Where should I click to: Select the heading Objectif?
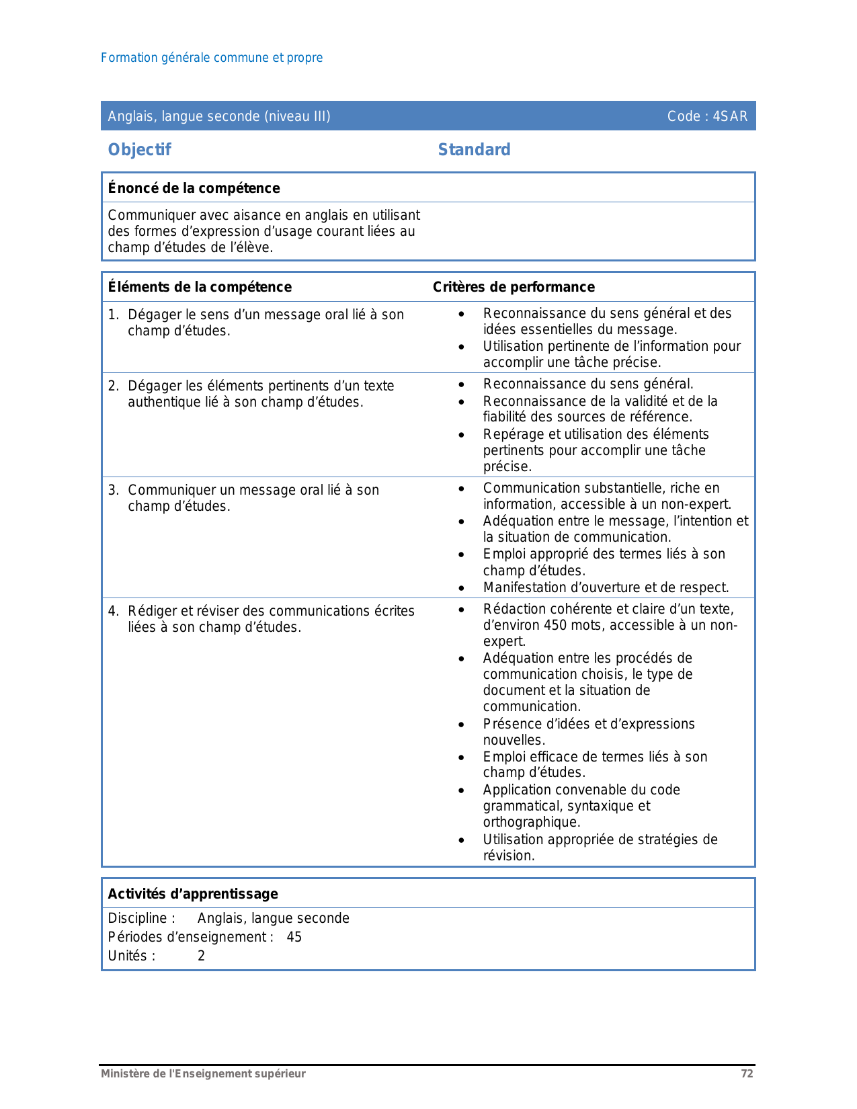(x=139, y=149)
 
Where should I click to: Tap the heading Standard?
(x=474, y=149)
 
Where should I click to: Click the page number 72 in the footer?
(x=747, y=1073)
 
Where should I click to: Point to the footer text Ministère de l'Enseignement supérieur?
(x=203, y=1073)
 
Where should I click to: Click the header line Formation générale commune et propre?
(x=212, y=58)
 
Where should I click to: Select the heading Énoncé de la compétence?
(x=194, y=188)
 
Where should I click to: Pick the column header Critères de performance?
(x=514, y=287)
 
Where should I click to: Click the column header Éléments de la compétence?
(x=200, y=287)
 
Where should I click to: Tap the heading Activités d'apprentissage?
(x=193, y=894)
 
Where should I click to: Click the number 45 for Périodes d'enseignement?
(x=294, y=937)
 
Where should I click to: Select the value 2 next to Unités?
(x=201, y=956)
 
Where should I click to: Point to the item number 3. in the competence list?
(x=114, y=490)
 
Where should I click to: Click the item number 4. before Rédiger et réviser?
(x=114, y=611)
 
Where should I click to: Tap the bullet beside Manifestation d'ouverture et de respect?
(x=461, y=587)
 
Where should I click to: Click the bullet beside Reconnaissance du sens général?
(x=461, y=384)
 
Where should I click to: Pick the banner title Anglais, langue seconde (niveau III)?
(x=219, y=116)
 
